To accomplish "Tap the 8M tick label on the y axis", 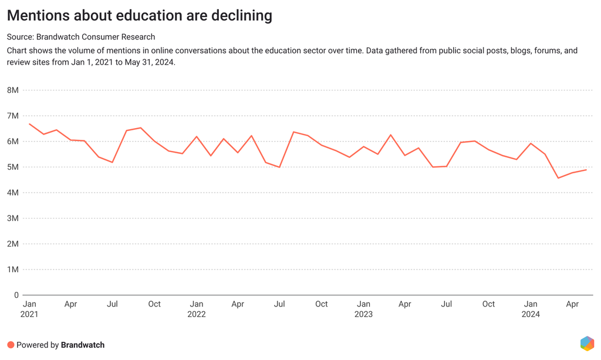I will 12,90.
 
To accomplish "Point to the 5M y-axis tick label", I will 12,167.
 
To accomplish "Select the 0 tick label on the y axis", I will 16,295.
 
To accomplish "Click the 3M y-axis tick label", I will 12,218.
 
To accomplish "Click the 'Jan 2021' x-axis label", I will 29,309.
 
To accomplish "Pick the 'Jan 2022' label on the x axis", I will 197,309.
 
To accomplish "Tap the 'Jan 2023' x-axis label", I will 363,309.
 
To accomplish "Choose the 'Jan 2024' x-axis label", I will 531,309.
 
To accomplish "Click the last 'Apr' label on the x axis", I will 572,304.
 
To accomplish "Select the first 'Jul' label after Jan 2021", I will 112,304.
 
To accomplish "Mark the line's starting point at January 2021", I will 29,124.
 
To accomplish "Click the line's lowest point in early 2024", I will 558,178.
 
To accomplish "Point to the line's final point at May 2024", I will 586,170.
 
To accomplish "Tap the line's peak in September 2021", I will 140,127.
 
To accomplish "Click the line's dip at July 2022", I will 279,167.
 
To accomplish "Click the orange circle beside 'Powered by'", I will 11,345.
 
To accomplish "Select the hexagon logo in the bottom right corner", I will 587,344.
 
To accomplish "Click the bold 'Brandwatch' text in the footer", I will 83,345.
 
